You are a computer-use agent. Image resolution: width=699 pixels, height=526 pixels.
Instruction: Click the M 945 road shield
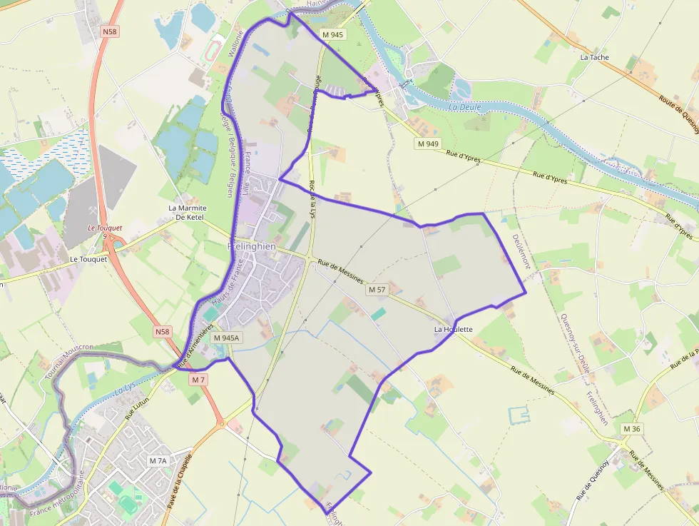332,34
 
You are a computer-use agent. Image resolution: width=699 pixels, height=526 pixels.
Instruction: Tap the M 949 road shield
428,143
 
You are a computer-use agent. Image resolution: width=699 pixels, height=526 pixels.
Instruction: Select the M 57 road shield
377,290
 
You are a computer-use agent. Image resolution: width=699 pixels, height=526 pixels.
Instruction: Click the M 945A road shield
227,338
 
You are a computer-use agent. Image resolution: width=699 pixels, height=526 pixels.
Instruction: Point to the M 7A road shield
158,461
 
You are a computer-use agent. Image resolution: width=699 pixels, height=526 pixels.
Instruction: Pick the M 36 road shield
631,429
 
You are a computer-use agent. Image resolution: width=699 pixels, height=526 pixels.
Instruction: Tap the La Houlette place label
453,330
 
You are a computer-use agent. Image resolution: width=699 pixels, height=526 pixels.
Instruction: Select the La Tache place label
595,57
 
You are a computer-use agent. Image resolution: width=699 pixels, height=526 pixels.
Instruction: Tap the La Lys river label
125,390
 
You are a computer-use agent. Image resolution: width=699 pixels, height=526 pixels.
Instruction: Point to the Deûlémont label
521,251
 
